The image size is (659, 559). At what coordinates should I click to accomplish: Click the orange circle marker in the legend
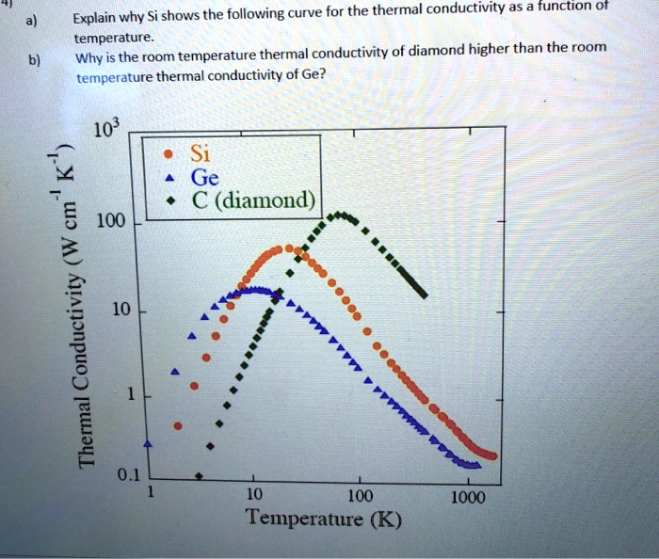[x=167, y=154]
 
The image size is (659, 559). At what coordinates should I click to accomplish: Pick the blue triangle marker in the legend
[x=167, y=177]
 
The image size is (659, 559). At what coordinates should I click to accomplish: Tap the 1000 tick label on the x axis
[x=467, y=498]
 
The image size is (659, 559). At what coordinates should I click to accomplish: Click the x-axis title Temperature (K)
[x=323, y=519]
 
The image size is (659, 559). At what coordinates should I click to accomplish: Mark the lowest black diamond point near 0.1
[x=198, y=476]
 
